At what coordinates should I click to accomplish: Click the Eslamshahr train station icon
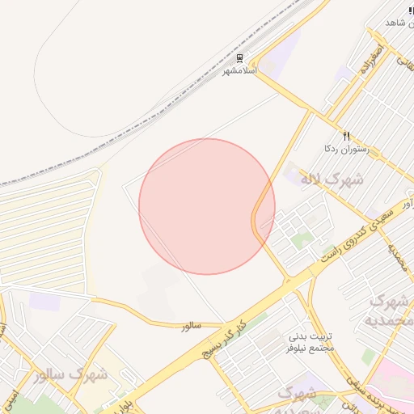tap(239, 59)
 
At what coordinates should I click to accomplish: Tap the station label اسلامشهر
tap(239, 70)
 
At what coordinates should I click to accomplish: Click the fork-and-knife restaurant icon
tap(346, 136)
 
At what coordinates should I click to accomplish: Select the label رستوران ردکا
tap(346, 148)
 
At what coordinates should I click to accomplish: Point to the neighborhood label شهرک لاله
tap(332, 179)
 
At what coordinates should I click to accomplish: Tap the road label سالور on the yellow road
tap(190, 325)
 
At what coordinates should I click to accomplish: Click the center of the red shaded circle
tap(207, 206)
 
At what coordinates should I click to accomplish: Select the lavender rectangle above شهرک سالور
tap(44, 301)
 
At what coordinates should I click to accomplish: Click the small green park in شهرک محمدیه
tap(369, 356)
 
